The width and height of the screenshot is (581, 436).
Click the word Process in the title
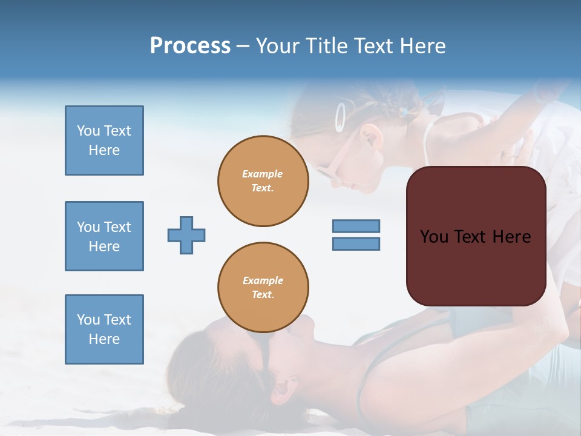[x=190, y=46]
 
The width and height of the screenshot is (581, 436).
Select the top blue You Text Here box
[x=104, y=140]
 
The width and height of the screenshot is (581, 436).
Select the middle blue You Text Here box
[x=104, y=236]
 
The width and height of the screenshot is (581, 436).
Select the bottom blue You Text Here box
[x=104, y=329]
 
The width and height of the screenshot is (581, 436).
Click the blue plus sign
[x=186, y=235]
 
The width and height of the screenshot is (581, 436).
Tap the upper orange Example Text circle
[x=263, y=181]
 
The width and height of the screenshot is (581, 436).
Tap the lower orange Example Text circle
[x=263, y=288]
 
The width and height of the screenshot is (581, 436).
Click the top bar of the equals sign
[x=356, y=226]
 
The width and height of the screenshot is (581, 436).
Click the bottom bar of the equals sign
[x=356, y=243]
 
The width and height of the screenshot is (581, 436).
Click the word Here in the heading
[x=422, y=46]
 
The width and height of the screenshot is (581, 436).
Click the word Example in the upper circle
[x=263, y=174]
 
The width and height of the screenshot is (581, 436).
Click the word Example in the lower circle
[x=263, y=280]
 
